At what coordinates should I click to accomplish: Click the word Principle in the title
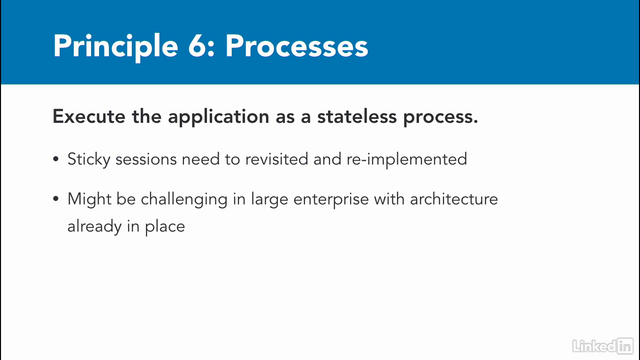point(115,47)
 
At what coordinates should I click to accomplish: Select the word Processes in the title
point(297,46)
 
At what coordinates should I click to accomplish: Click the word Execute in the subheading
point(89,116)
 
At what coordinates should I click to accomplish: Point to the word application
point(218,117)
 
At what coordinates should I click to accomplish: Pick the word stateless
point(357,116)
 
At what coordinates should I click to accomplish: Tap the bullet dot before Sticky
point(55,159)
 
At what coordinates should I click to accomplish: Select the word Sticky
point(89,159)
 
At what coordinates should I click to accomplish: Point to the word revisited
point(276,159)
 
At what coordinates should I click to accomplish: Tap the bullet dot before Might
point(55,199)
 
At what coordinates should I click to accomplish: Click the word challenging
point(184,199)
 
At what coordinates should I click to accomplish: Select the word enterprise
point(331,199)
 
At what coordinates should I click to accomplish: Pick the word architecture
point(454,199)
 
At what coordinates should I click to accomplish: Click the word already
point(94,226)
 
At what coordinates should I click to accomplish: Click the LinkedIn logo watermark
point(603,346)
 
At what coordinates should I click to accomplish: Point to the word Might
point(89,199)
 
